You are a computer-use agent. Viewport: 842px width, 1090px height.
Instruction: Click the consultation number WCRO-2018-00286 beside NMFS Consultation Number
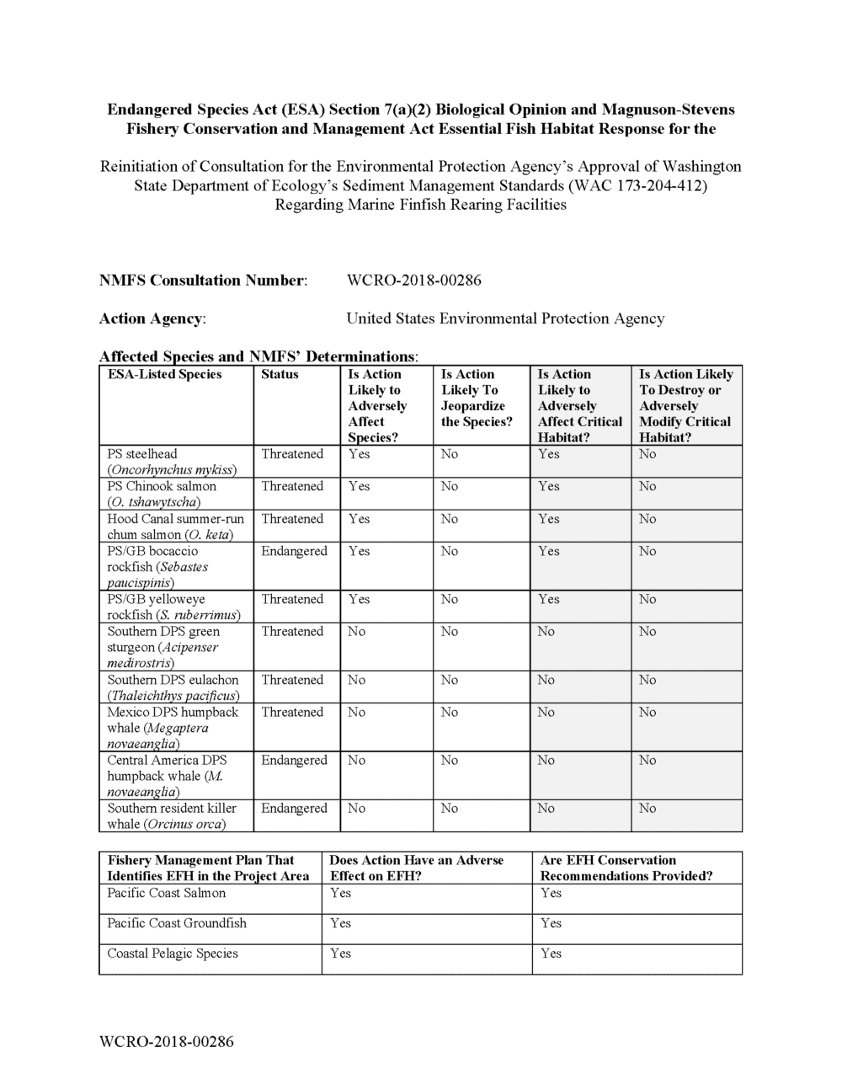[x=413, y=281]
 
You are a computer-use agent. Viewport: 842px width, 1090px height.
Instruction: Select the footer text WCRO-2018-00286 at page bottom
[x=166, y=1042]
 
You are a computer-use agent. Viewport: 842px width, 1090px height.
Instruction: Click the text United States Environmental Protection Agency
[x=505, y=318]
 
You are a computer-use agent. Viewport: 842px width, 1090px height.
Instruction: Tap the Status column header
[x=280, y=375]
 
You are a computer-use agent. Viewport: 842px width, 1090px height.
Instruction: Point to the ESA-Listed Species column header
[x=165, y=375]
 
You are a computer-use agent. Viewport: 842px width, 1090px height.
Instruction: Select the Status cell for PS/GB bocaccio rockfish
[x=294, y=552]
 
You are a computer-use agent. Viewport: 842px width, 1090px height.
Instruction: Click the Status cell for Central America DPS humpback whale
[x=294, y=761]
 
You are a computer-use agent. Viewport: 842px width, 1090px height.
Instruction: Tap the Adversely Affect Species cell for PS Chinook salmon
[x=360, y=487]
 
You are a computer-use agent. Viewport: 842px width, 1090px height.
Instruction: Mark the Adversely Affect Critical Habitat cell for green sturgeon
[x=546, y=632]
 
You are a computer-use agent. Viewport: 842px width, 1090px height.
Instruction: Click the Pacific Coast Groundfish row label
[x=177, y=923]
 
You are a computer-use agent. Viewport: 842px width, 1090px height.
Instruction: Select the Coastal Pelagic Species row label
[x=173, y=954]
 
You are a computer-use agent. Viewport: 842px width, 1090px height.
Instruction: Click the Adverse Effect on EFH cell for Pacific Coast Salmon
[x=341, y=893]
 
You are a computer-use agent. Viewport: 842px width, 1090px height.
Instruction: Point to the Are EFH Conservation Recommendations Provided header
[x=626, y=868]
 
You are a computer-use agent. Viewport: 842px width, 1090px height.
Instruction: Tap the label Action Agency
[x=152, y=318]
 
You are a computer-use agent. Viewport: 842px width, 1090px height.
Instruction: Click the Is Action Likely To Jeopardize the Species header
[x=477, y=398]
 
